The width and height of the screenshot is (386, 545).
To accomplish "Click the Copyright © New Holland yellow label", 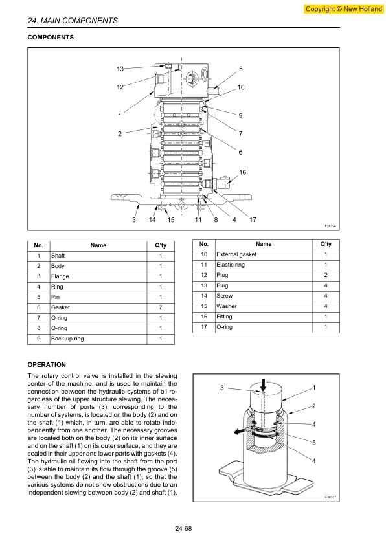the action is tap(343, 9).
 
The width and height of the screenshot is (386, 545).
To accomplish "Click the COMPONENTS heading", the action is tap(51, 37).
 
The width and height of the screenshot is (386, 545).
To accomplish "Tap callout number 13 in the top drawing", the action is tap(120, 69).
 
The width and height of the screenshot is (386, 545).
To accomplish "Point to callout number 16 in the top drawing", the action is tap(242, 172).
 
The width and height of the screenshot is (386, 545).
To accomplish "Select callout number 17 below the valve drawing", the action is tap(253, 219).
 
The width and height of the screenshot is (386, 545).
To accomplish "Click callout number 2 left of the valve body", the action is tap(120, 134).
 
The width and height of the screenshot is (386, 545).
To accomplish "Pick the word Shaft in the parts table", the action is tap(58, 256).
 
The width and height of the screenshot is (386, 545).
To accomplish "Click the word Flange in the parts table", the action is tap(60, 276).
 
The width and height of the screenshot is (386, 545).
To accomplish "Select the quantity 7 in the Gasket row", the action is tap(161, 307).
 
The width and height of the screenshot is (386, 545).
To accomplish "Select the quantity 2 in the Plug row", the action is tap(326, 275).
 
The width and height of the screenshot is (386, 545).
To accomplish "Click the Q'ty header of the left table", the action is tap(161, 245).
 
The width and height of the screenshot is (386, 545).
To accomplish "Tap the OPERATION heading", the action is tap(47, 364).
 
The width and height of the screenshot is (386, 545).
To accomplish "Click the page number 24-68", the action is tap(183, 529).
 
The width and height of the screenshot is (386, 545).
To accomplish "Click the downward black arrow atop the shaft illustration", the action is tap(263, 384).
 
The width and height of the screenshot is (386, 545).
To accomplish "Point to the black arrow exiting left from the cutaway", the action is tap(240, 431).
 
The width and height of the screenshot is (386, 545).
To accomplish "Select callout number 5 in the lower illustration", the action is tap(313, 443).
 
